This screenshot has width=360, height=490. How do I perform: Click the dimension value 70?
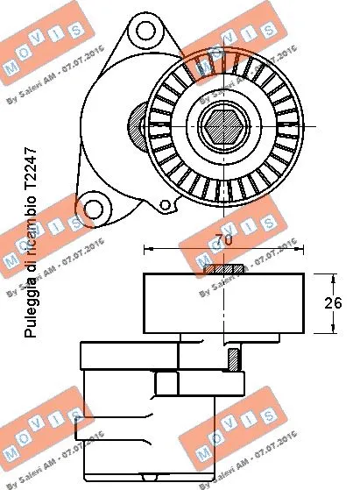point(225,238)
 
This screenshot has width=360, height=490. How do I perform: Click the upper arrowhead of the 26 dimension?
point(334,278)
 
